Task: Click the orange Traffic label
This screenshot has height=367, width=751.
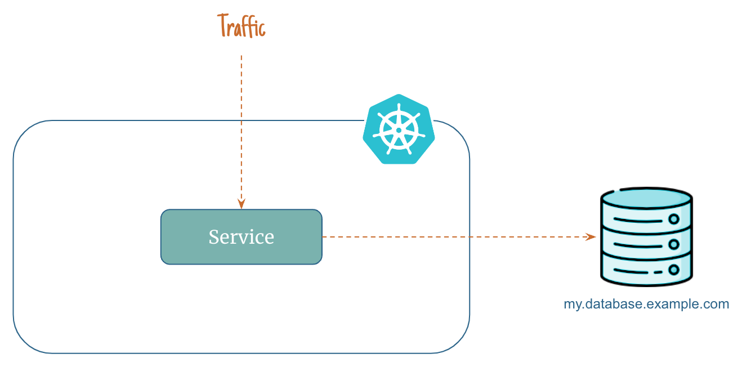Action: coord(242,26)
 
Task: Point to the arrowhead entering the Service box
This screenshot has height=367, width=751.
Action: coord(242,204)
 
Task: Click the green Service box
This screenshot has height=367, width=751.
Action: coord(242,237)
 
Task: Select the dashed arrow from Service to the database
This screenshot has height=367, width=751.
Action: coord(450,237)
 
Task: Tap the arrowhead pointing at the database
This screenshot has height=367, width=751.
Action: coord(591,237)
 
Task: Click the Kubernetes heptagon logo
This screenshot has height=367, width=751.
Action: coord(399,129)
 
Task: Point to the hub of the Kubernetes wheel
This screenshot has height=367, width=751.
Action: coord(399,130)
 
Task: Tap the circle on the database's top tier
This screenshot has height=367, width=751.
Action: coord(673,220)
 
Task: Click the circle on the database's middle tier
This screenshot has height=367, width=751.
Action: coord(673,244)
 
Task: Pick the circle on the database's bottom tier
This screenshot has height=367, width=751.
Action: coord(673,270)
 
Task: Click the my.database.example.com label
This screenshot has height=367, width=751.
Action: coord(646,305)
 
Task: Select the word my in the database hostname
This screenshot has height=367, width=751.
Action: coord(571,305)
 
